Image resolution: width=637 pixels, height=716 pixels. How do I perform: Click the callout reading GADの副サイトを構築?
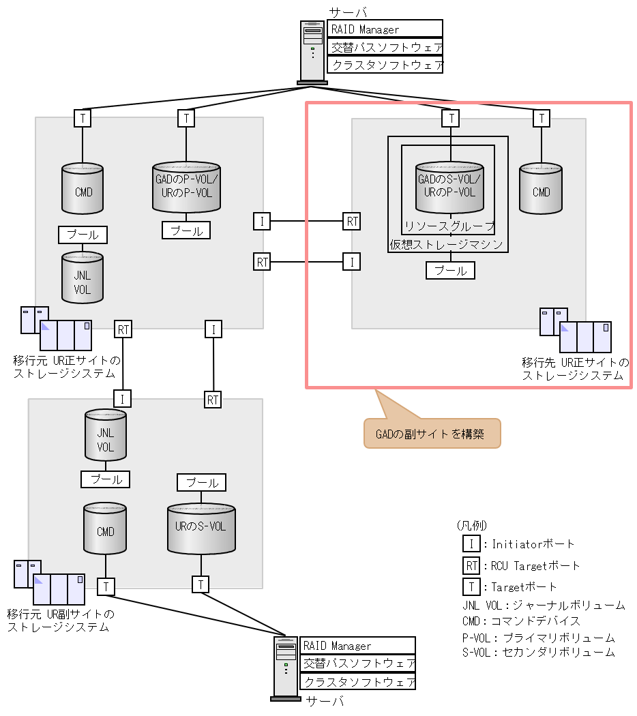click(x=432, y=434)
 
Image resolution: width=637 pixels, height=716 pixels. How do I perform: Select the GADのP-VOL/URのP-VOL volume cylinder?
click(x=186, y=188)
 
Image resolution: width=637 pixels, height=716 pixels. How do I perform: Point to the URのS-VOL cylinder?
click(x=201, y=528)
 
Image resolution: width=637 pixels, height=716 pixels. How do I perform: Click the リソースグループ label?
click(x=449, y=226)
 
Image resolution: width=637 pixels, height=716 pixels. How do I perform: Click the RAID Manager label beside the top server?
click(x=385, y=29)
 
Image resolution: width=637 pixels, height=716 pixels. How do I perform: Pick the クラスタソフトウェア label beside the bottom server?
click(x=358, y=681)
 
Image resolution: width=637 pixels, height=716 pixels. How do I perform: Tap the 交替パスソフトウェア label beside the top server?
click(x=385, y=47)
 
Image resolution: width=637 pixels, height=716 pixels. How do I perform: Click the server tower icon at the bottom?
click(x=286, y=668)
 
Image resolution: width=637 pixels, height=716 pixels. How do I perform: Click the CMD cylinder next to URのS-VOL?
click(x=105, y=529)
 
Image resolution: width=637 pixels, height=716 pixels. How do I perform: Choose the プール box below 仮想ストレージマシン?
click(x=450, y=271)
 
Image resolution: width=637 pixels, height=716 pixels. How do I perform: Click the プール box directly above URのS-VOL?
click(x=201, y=483)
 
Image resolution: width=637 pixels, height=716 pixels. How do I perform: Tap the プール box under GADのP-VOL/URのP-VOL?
click(x=186, y=230)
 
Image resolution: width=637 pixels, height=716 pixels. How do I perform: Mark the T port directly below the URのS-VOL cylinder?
click(x=201, y=585)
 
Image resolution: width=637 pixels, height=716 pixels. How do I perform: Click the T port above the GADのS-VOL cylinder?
click(x=450, y=119)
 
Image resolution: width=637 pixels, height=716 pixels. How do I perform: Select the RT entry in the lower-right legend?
click(x=471, y=565)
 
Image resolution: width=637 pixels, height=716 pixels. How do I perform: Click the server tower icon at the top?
click(x=313, y=53)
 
